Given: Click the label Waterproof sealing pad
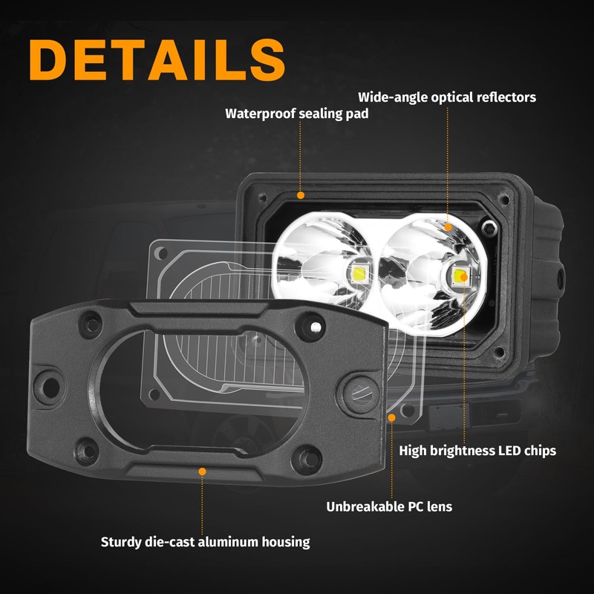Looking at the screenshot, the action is click(297, 114).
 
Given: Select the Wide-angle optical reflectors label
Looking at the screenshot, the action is click(447, 97).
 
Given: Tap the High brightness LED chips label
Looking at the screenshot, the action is click(477, 451).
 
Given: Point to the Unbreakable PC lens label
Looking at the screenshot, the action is click(389, 507).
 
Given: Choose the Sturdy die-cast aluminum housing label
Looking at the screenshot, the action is click(205, 542).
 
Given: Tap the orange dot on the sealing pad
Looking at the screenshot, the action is click(300, 195).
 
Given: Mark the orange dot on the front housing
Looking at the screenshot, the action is click(202, 470).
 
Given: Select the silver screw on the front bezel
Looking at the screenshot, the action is click(316, 325).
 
